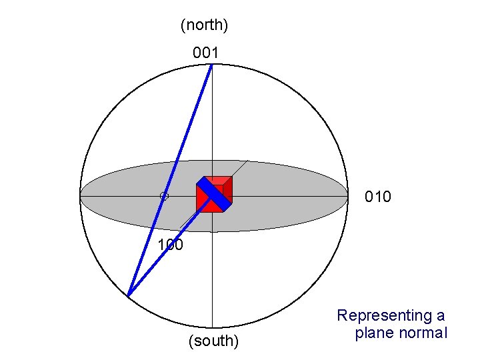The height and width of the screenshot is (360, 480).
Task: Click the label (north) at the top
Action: pyautogui.click(x=205, y=25)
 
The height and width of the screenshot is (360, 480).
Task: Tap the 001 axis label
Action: pyautogui.click(x=205, y=51)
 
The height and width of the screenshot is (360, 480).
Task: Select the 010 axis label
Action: pyautogui.click(x=377, y=197)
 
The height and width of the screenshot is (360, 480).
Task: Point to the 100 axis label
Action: pyautogui.click(x=170, y=245)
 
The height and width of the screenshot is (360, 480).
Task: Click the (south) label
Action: pyautogui.click(x=213, y=341)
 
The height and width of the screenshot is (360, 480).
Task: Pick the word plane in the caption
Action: pyautogui.click(x=375, y=333)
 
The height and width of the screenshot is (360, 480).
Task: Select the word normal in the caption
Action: pyautogui.click(x=423, y=333)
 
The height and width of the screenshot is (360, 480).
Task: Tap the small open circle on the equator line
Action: pyautogui.click(x=164, y=196)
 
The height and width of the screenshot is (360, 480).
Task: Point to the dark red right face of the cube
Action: pyautogui.click(x=228, y=189)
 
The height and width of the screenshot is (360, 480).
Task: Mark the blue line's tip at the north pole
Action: pyautogui.click(x=212, y=65)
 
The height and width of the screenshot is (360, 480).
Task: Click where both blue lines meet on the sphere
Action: pyautogui.click(x=128, y=295)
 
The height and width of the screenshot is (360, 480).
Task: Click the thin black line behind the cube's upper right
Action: pyautogui.click(x=241, y=168)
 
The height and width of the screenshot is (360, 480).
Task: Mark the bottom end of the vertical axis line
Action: pyautogui.click(x=212, y=327)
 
